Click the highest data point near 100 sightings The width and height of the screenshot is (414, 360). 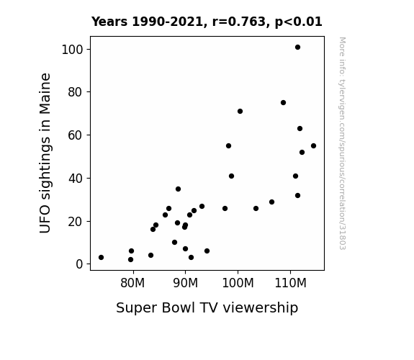(x=297, y=48)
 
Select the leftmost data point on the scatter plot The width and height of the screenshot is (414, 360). (x=101, y=257)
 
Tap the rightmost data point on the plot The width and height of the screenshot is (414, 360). (x=313, y=145)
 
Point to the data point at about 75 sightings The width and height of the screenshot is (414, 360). (x=283, y=102)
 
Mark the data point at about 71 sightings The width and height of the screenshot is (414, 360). (x=240, y=111)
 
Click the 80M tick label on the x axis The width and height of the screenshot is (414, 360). (x=132, y=283)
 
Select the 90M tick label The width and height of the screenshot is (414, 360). (x=185, y=283)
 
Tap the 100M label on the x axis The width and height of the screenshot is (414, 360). (x=238, y=283)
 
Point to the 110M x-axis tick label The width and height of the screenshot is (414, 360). (x=290, y=283)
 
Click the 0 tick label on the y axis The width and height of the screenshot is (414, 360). (x=79, y=264)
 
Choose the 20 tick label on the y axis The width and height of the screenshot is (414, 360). (x=76, y=221)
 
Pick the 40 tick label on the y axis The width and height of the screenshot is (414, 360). (x=76, y=179)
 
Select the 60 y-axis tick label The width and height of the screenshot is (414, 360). (x=76, y=135)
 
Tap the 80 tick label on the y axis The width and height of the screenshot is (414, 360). (x=76, y=92)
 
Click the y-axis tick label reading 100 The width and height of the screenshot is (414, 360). (x=72, y=50)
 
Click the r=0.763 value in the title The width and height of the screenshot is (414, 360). (x=239, y=22)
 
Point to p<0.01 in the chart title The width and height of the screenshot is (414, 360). (x=299, y=22)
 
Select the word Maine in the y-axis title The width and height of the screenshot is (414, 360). (x=45, y=94)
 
